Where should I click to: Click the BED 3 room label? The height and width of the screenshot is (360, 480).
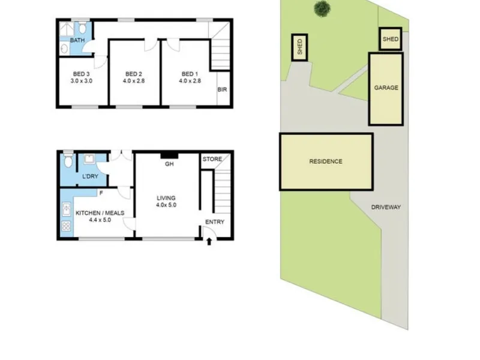point(81,74)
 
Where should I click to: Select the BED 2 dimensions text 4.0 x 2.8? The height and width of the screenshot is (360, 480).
point(133,81)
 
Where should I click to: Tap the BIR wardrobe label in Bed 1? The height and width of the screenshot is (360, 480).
point(222,89)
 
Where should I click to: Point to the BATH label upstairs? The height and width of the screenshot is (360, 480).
point(77,40)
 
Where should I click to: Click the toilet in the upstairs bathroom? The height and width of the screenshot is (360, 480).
point(82,27)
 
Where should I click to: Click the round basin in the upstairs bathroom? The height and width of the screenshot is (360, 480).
point(64,49)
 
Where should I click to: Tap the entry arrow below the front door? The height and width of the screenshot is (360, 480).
point(209,242)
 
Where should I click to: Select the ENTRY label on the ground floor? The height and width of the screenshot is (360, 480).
point(215,222)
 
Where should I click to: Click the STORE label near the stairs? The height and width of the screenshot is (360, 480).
point(212,159)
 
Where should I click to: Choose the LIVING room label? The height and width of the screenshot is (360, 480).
point(166,198)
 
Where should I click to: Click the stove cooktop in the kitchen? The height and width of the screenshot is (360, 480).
point(67,226)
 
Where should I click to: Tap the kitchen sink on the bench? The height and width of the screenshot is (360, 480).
point(67,209)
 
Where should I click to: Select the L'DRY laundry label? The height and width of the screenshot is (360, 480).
point(91,176)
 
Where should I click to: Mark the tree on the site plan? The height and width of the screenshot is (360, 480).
point(322,9)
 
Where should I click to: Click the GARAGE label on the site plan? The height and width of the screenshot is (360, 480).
point(386,88)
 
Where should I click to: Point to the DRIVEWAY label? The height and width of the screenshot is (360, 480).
point(386,207)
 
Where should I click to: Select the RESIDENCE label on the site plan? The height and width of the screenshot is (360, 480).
point(326,161)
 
